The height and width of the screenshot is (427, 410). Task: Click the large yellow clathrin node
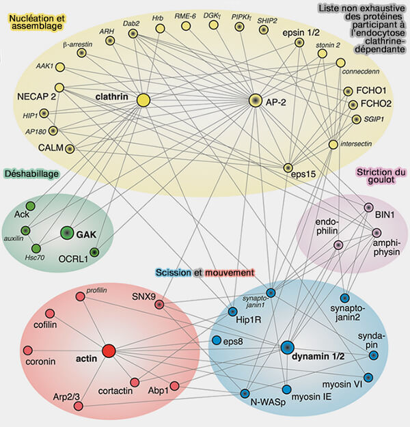tap(143, 100)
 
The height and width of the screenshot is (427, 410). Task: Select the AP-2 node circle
tap(256, 100)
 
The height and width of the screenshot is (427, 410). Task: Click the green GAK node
tap(66, 233)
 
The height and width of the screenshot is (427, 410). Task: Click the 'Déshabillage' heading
tap(31, 174)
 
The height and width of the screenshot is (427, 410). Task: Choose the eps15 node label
tap(303, 174)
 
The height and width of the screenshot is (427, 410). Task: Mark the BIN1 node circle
tap(368, 207)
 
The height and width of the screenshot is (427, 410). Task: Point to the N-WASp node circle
tap(245, 393)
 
